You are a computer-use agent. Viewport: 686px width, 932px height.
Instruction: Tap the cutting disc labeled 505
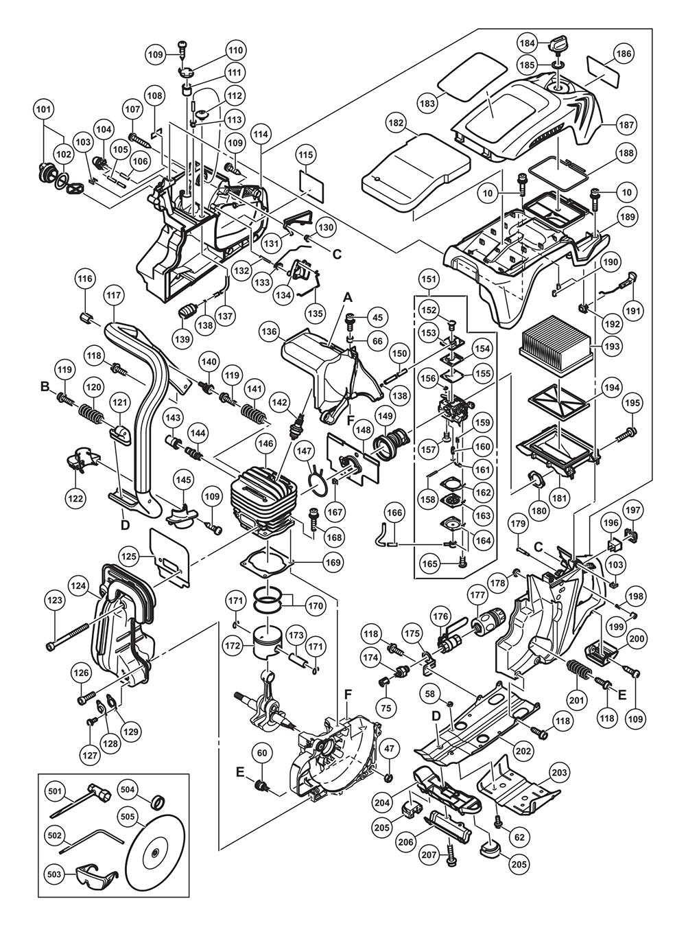coord(155,852)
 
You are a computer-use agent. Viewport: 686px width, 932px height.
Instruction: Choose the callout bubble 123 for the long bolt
coord(55,601)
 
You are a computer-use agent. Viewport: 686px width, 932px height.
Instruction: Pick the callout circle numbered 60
coord(261,754)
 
